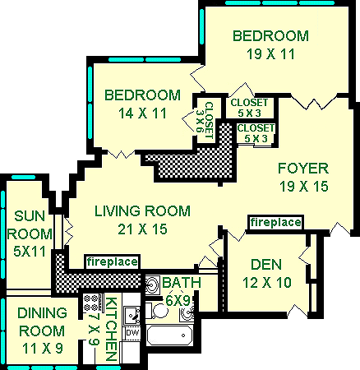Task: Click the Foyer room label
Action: pos(303,168)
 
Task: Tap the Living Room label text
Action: pos(142,211)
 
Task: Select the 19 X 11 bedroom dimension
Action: pos(270,54)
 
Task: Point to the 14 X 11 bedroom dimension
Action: pos(142,113)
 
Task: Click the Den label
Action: pos(266,265)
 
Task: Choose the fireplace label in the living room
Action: pos(113,262)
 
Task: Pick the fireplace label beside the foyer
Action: pos(275,222)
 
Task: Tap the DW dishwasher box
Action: pos(132,333)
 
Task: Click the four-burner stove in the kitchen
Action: pos(92,303)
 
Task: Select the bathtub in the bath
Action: pos(169,335)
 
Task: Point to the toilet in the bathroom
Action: pos(157,311)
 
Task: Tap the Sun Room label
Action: pos(30,225)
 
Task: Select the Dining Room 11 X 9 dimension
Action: pos(43,349)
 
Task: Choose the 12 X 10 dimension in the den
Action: pos(267,282)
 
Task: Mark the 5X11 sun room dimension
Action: pos(30,252)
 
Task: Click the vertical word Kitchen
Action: pos(112,329)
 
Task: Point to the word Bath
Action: pos(182,282)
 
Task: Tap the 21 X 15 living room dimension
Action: pos(142,229)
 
